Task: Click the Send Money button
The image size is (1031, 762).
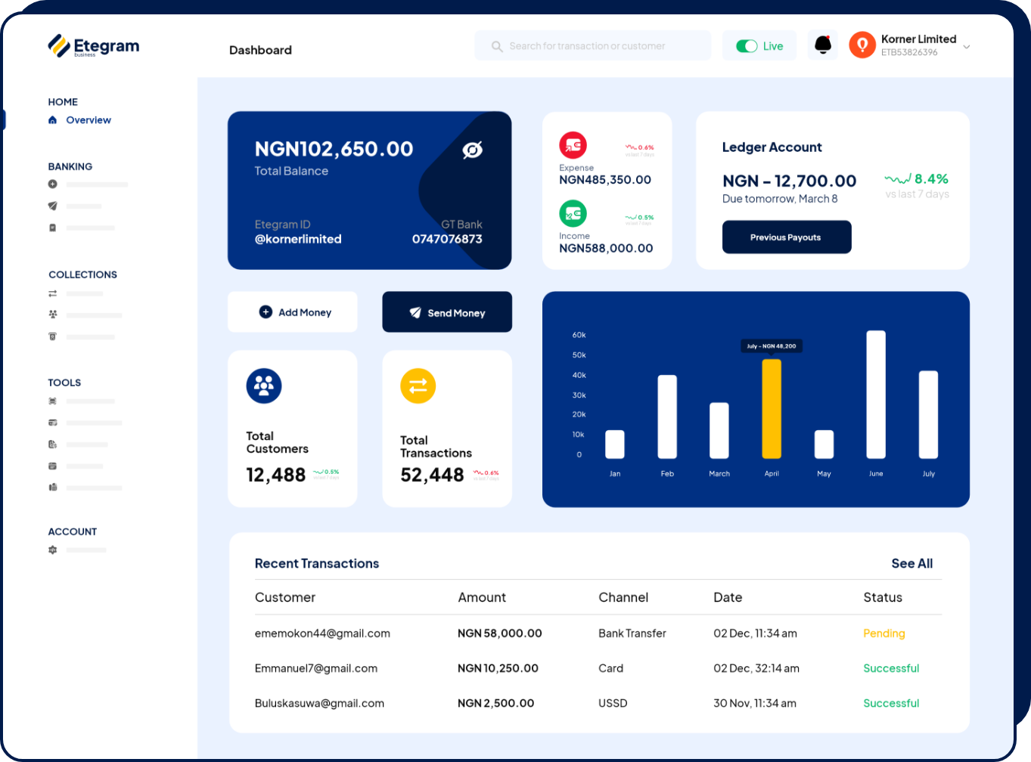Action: (447, 312)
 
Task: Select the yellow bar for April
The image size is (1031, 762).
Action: (772, 409)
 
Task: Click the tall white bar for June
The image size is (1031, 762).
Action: (876, 395)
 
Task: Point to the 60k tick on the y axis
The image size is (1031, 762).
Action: (579, 335)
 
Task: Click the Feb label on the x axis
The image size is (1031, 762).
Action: (667, 474)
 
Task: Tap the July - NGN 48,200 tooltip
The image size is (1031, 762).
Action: (772, 346)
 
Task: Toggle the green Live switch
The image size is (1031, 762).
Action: (747, 46)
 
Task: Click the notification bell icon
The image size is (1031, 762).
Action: (823, 45)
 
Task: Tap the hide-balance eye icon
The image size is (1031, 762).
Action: (473, 150)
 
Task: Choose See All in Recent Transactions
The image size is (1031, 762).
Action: (911, 563)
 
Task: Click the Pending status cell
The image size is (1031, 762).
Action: (883, 633)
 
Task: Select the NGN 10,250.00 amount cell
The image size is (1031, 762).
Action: (498, 668)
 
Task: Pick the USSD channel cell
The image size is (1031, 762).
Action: (613, 703)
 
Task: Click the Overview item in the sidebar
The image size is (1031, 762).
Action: (88, 120)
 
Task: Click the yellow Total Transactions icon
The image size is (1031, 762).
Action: (418, 386)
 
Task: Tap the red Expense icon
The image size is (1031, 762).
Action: (573, 144)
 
